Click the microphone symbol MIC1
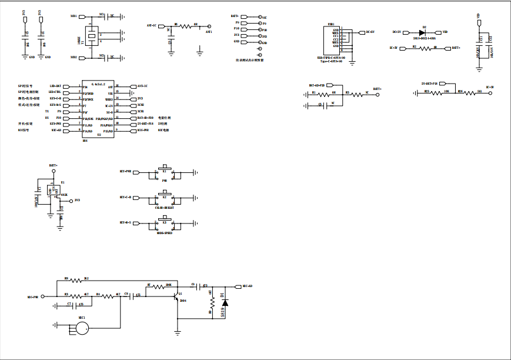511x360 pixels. click(77, 329)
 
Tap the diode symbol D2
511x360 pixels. click(423, 32)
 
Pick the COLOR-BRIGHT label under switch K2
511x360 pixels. click(165, 208)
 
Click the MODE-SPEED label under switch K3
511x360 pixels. click(165, 234)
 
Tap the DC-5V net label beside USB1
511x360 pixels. click(370, 32)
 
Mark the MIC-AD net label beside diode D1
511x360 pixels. click(247, 286)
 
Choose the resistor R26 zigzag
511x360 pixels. click(465, 92)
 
